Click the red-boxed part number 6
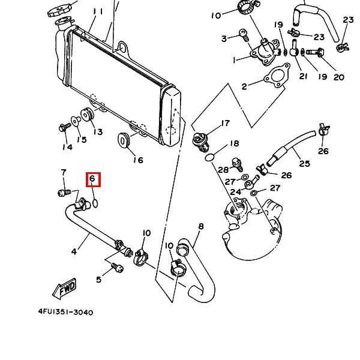(92, 179)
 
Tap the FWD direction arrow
(65, 289)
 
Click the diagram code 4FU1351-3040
(65, 312)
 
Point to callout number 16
(138, 160)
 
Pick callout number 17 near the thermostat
(225, 124)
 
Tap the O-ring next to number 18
(208, 157)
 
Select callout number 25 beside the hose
(304, 163)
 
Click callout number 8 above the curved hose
(201, 226)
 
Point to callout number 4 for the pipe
(74, 251)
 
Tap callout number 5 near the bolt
(99, 280)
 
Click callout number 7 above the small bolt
(64, 173)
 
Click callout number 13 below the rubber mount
(97, 132)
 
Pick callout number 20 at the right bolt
(338, 77)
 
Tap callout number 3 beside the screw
(224, 38)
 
